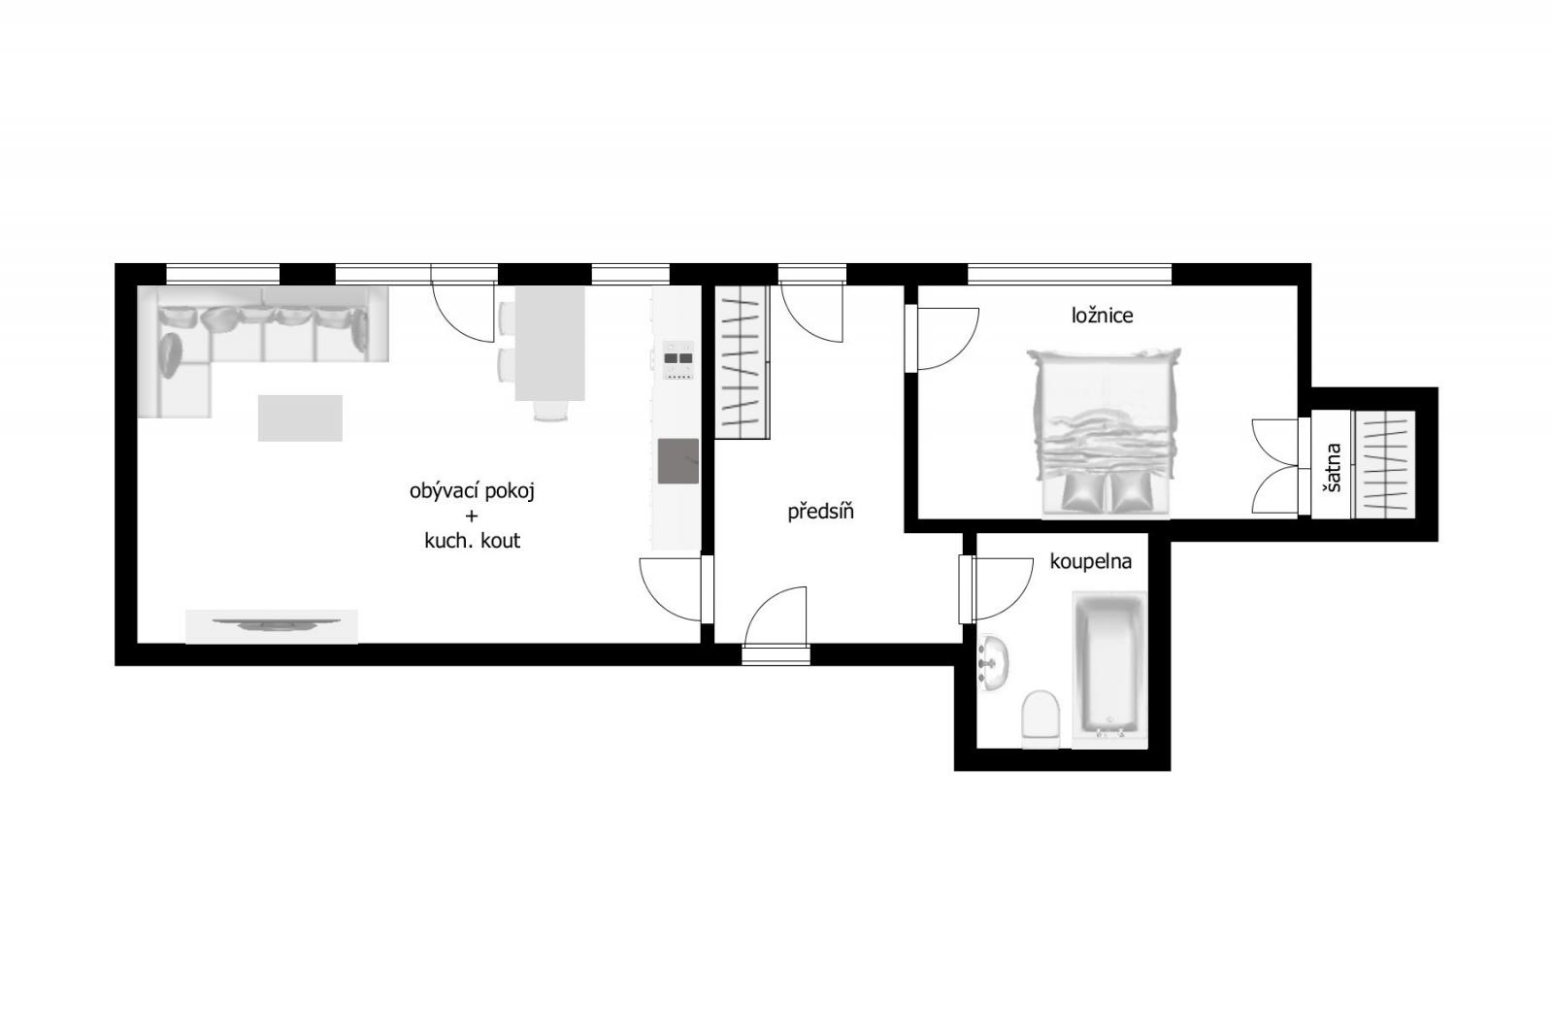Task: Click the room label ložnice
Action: point(1102,317)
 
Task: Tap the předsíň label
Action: point(820,512)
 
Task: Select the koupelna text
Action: point(1090,562)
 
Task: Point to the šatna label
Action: point(1333,468)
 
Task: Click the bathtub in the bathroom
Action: point(1109,669)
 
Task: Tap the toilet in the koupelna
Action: point(1041,718)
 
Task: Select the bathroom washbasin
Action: point(993,663)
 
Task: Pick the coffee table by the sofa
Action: point(300,417)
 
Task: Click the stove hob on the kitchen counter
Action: point(678,360)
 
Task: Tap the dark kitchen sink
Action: point(678,460)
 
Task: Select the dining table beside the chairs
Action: point(549,344)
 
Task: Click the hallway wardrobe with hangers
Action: point(742,362)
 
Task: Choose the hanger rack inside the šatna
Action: point(1384,464)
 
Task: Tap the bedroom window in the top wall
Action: point(1070,274)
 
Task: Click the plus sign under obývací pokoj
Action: point(472,517)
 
